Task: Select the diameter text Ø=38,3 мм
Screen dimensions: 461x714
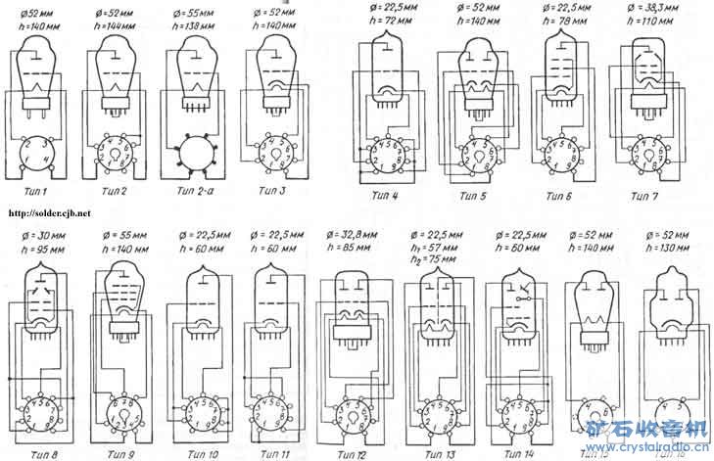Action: pyautogui.click(x=645, y=8)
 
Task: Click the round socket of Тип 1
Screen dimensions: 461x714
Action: pyautogui.click(x=39, y=154)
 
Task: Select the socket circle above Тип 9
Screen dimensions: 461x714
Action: pyautogui.click(x=119, y=411)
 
